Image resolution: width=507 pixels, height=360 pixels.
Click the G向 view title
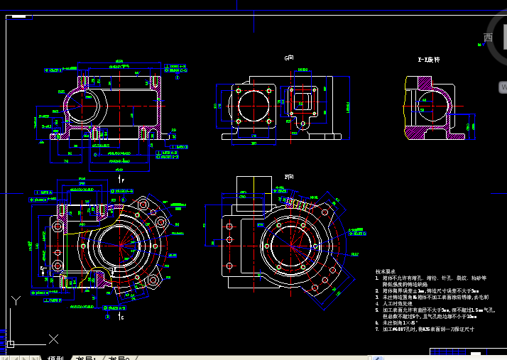click(288, 58)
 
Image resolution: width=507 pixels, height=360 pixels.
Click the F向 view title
click(288, 176)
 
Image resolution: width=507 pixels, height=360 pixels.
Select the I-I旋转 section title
click(429, 60)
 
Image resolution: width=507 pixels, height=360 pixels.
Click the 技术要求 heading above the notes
click(386, 271)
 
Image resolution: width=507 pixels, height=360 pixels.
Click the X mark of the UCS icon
click(52, 339)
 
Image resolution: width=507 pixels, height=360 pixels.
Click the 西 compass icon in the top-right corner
click(489, 37)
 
